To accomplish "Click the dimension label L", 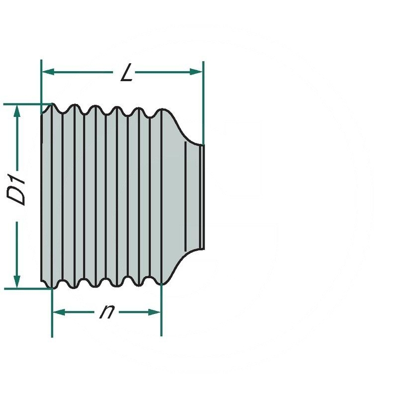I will click(127, 74).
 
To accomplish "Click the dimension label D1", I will click(18, 189).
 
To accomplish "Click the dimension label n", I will click(106, 312).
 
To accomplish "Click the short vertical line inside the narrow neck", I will click(186, 197).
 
